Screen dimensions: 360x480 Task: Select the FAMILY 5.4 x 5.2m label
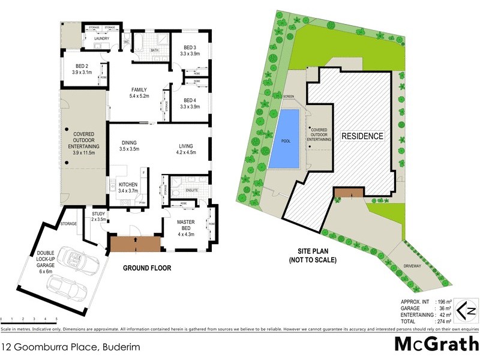139,92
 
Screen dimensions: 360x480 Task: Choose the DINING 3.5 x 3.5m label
130,145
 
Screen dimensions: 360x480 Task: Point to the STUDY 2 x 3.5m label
98,216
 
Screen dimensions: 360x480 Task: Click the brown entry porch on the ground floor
134,243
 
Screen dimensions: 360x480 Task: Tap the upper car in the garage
83,259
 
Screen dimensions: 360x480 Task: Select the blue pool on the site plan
285,139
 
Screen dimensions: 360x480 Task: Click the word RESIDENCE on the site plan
362,136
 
